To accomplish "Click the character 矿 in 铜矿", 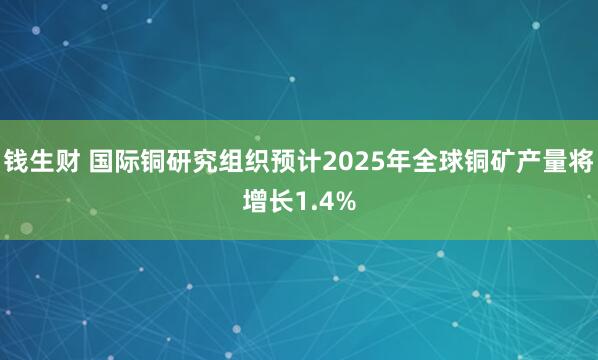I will point(511,160).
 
